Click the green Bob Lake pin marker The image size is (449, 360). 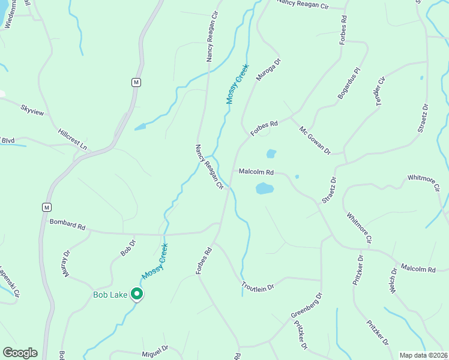tap(137, 294)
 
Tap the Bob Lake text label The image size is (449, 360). tap(111, 295)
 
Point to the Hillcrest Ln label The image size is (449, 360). tap(73, 139)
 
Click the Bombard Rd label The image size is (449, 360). tap(68, 226)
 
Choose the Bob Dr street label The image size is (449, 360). tap(128, 248)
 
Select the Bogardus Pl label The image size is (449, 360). tap(348, 83)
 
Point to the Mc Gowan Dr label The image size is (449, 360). tap(315, 140)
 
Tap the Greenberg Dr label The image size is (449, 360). tap(307, 307)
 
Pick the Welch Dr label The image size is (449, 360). tap(394, 280)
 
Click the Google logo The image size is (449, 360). tap(20, 353)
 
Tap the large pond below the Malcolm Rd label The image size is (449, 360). tap(265, 189)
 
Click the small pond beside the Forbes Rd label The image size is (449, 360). tap(271, 154)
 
